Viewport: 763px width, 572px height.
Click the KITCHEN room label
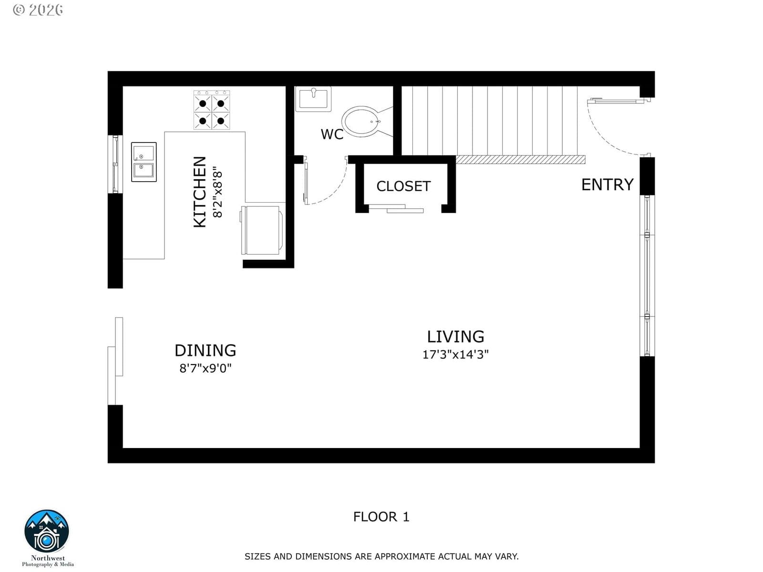[x=200, y=192]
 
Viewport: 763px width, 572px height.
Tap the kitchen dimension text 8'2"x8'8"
[x=217, y=194]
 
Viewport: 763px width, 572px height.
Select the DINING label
[x=206, y=350]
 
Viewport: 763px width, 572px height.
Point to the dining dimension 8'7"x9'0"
[x=206, y=368]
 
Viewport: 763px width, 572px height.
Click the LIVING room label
[x=455, y=337]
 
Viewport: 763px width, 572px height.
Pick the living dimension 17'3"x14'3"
[x=455, y=355]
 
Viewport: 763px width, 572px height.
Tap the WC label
[x=332, y=134]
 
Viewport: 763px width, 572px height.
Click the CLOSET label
[x=403, y=186]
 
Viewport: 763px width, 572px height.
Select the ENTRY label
[x=607, y=184]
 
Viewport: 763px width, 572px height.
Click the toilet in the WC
[x=367, y=122]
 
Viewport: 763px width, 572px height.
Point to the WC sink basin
[x=313, y=99]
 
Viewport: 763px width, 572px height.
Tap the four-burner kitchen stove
[x=212, y=110]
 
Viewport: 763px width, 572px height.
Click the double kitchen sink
[x=144, y=162]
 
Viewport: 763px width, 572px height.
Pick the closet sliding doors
[x=396, y=208]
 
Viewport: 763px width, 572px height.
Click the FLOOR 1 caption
[x=381, y=517]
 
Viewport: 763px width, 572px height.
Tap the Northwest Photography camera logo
[x=47, y=531]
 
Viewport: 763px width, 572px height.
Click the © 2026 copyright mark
[x=38, y=10]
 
